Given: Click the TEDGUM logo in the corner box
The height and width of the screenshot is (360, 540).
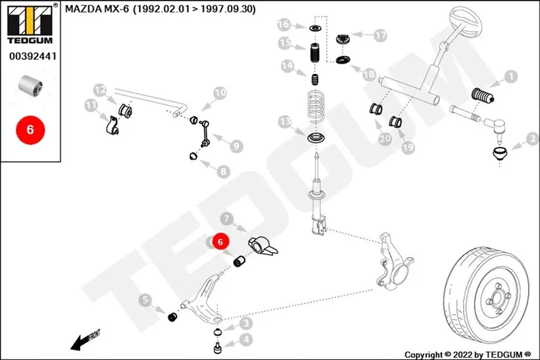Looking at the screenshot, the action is click(x=30, y=24).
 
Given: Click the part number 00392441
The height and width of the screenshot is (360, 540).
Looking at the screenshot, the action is click(x=33, y=56).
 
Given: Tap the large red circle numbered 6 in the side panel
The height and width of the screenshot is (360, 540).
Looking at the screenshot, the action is click(x=30, y=130).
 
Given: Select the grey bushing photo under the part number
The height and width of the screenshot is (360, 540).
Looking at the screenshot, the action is click(x=30, y=85).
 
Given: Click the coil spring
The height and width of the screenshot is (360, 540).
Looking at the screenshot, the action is click(x=316, y=106).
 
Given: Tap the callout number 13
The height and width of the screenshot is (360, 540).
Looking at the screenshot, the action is click(x=285, y=121).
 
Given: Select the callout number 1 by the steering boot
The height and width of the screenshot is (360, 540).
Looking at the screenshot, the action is click(x=511, y=76).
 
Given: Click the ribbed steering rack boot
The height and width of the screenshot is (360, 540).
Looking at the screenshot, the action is click(x=482, y=95).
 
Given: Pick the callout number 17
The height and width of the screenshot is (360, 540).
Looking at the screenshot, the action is click(x=380, y=35).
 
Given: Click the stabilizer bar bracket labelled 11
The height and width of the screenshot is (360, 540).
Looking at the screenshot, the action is click(x=112, y=126).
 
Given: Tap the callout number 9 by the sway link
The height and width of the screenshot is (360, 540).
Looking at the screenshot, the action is click(x=236, y=146).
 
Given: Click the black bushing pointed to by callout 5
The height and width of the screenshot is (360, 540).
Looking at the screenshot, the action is click(x=172, y=316).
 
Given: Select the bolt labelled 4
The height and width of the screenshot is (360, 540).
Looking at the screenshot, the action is click(x=217, y=347).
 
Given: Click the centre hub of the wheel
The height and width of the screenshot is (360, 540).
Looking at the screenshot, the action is click(x=497, y=298).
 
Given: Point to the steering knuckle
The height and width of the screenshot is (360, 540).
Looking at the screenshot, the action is click(x=393, y=261).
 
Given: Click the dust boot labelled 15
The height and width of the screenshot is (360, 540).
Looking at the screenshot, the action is click(x=314, y=52).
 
